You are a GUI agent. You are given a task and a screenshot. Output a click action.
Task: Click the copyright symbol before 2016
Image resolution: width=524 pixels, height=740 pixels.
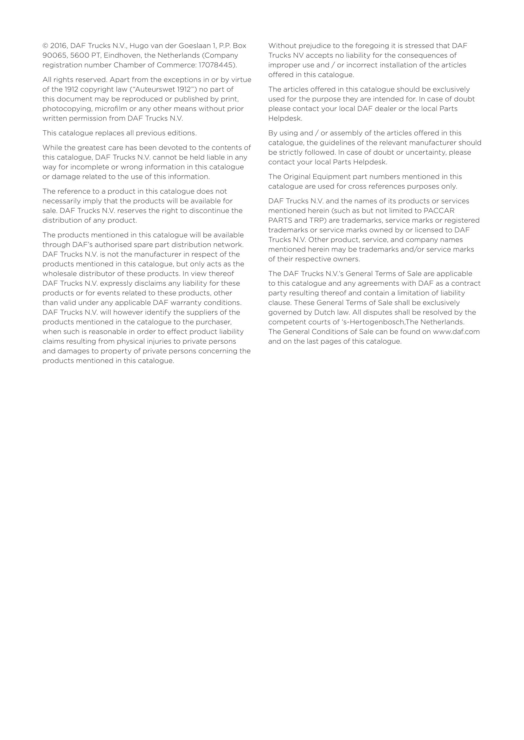(45, 46)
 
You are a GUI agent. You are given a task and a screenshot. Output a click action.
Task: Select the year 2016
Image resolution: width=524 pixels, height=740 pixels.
(58, 46)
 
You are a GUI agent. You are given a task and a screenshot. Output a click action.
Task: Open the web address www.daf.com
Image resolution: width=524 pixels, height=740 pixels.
(456, 332)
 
